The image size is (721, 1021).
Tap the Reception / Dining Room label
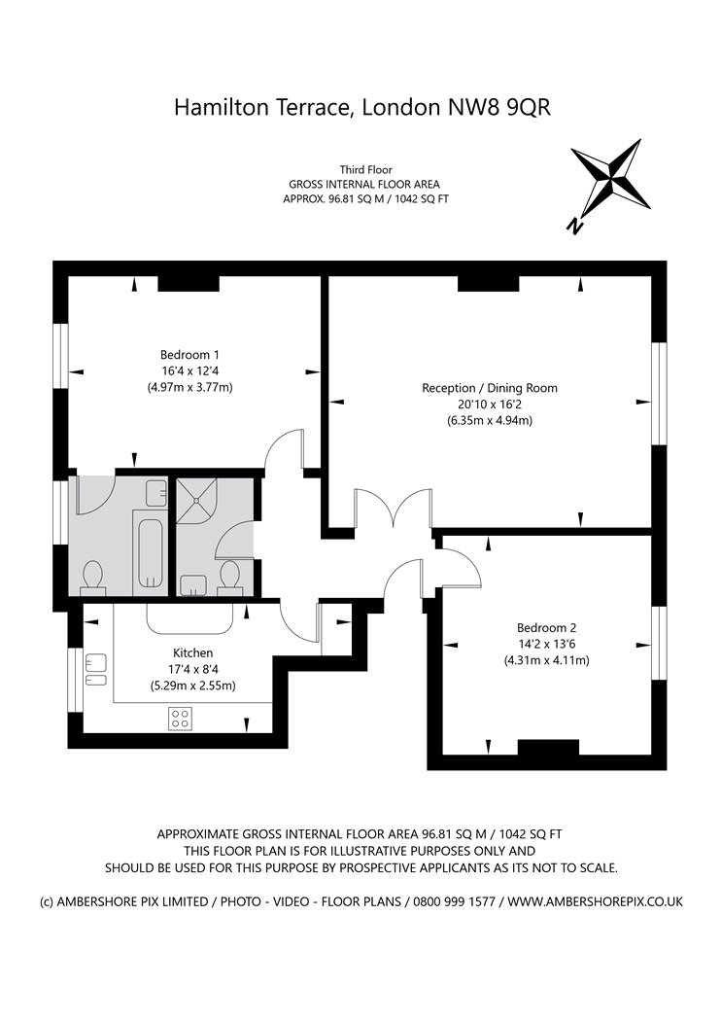pyautogui.click(x=490, y=387)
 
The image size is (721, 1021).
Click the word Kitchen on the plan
pyautogui.click(x=193, y=652)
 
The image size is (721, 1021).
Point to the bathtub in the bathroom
pyautogui.click(x=150, y=551)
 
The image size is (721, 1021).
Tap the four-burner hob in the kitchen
pyautogui.click(x=181, y=718)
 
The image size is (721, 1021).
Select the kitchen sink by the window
pyautogui.click(x=95, y=669)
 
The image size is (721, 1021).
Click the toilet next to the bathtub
pyautogui.click(x=94, y=577)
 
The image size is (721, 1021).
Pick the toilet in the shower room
pyautogui.click(x=231, y=577)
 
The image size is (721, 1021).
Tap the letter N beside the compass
pyautogui.click(x=575, y=226)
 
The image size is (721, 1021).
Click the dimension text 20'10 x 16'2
pyautogui.click(x=490, y=405)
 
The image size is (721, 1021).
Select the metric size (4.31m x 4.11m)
pyautogui.click(x=546, y=660)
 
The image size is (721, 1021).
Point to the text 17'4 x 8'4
pyautogui.click(x=193, y=669)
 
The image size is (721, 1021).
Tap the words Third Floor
pyautogui.click(x=365, y=168)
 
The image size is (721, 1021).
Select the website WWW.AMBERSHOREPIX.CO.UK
pyautogui.click(x=595, y=901)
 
